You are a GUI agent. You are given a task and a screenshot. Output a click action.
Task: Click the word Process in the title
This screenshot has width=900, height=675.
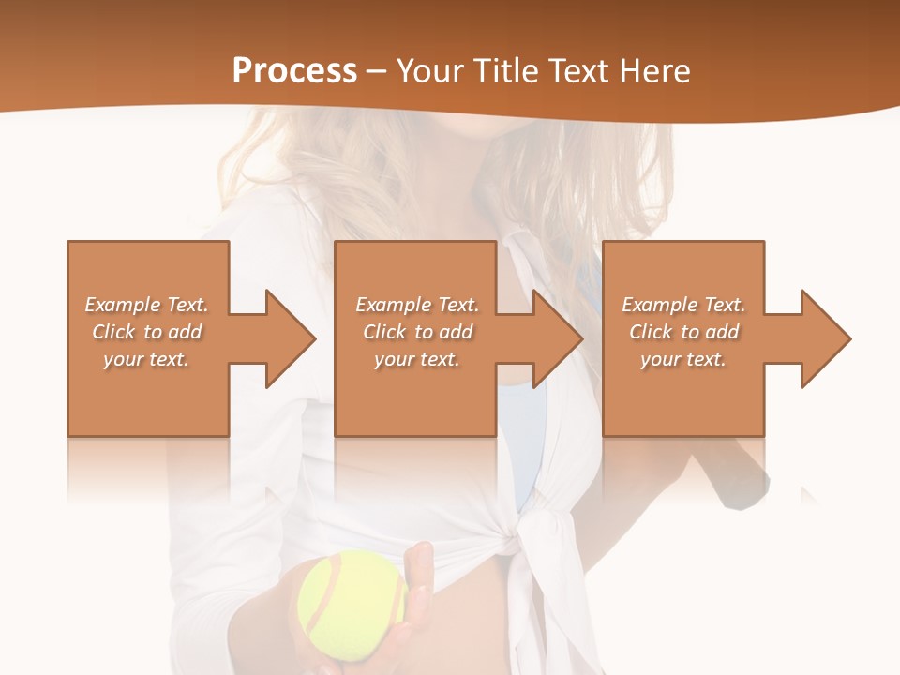[x=294, y=70]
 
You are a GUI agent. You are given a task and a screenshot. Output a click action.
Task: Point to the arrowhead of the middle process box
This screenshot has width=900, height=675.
[x=557, y=338]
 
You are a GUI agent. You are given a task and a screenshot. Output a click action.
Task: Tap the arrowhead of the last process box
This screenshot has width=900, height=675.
[x=824, y=338]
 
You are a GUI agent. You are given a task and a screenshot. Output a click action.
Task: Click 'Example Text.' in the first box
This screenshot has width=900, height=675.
[x=146, y=305]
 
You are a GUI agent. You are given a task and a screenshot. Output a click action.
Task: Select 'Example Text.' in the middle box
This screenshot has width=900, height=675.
[x=417, y=305]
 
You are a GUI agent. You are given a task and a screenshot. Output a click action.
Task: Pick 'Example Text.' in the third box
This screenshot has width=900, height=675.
[x=683, y=305]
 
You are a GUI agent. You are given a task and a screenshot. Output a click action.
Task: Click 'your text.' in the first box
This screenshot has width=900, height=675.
[x=146, y=359]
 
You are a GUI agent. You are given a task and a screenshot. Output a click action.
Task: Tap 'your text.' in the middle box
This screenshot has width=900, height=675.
[x=417, y=359]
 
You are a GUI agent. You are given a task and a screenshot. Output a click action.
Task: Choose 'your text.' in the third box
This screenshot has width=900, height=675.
[x=683, y=359]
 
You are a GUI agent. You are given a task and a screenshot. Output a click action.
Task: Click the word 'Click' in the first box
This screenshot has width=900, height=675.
[x=114, y=332]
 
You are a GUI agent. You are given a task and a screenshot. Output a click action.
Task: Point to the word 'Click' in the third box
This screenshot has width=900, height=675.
[x=652, y=332]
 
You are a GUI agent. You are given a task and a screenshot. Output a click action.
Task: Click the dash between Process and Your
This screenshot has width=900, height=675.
[x=376, y=71]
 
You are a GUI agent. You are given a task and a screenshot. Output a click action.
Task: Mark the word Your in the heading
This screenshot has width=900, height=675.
[x=427, y=70]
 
